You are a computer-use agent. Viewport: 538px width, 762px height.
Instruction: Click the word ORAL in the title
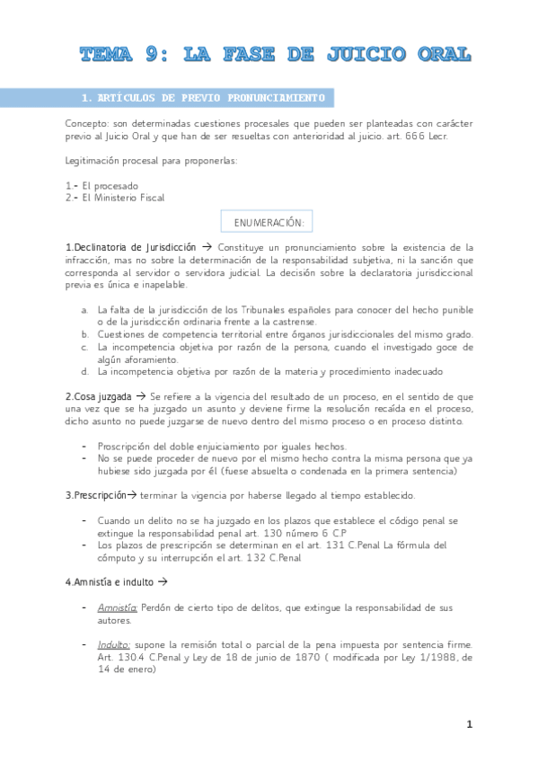pos(437,54)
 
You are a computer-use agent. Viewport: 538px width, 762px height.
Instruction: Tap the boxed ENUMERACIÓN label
pos(269,221)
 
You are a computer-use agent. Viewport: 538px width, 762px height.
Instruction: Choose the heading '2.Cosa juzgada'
pos(99,396)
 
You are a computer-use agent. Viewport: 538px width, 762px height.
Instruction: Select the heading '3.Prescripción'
pos(99,495)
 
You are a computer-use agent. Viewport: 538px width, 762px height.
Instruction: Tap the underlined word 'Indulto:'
pos(114,645)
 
